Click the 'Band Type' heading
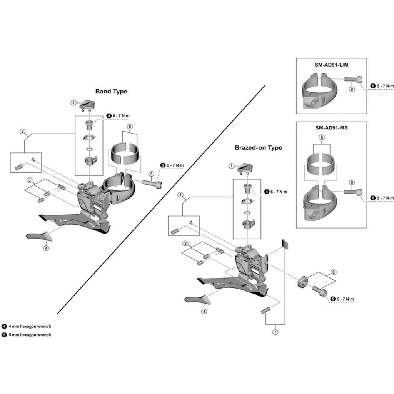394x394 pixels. (x=111, y=92)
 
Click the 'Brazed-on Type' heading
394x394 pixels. (x=258, y=148)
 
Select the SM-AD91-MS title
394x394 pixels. (x=331, y=127)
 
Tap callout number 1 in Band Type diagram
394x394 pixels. (x=73, y=103)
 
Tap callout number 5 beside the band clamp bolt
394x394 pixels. (x=152, y=174)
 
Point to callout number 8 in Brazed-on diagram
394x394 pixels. (x=334, y=272)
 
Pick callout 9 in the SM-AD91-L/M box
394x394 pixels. (x=351, y=89)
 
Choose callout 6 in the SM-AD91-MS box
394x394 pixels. (x=322, y=137)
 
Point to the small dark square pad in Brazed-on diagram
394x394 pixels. (x=285, y=244)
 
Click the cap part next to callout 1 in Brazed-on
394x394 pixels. (x=245, y=168)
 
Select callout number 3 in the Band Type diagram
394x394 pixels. (x=29, y=180)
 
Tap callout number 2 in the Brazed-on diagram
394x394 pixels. (x=180, y=195)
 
